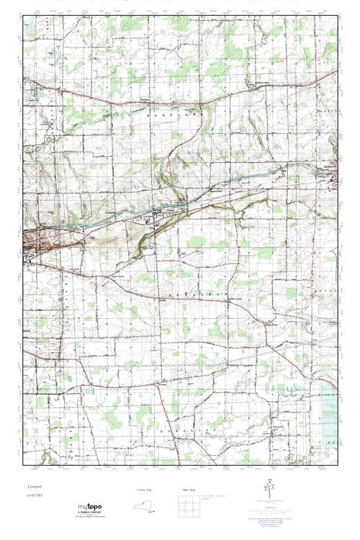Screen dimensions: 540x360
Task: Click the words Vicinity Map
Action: [x=145, y=490]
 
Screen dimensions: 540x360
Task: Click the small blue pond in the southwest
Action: [x=71, y=377]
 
